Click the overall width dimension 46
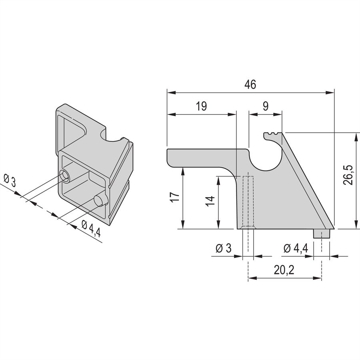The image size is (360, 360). [250, 84]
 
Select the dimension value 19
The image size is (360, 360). [201, 106]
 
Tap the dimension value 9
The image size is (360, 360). [266, 106]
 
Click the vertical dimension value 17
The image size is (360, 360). [175, 197]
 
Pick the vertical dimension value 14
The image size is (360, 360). [210, 201]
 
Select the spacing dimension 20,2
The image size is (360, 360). [284, 270]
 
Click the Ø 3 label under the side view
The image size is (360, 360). [224, 248]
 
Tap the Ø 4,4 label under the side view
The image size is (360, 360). [296, 248]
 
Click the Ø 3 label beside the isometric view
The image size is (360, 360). [10, 180]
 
